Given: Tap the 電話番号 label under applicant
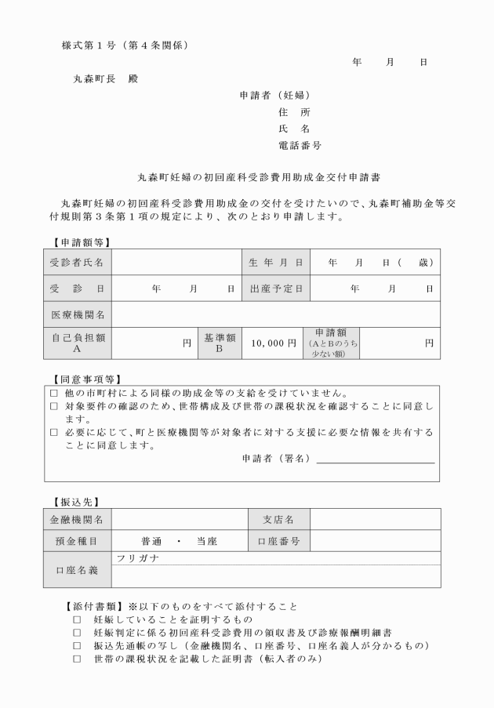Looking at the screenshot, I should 300,146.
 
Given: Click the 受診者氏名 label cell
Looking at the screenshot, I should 77,261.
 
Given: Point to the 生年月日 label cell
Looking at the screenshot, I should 275,261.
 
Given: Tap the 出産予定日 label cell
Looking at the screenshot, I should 275,289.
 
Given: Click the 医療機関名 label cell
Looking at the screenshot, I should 77,314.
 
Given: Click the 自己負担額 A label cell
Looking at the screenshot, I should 77,343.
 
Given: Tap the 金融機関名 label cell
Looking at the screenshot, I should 77,519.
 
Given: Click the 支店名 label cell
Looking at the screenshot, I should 278,519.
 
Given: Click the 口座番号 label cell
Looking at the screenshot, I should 278,541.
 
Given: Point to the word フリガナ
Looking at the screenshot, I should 137,557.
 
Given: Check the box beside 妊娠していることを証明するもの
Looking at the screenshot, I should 77,619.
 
